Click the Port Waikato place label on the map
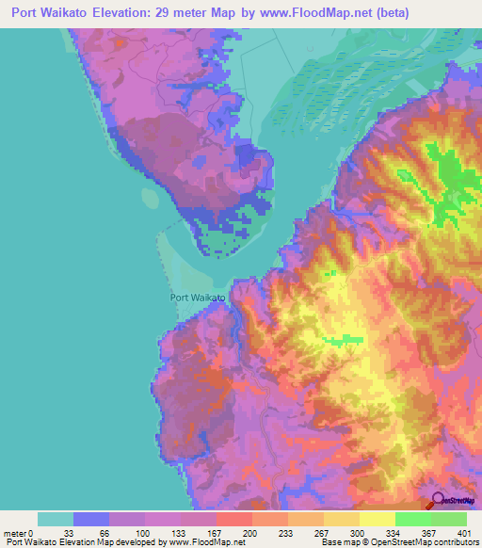[x=198, y=297]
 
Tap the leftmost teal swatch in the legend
[x=56, y=519]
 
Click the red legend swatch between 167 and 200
[x=233, y=519]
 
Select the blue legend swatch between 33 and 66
[x=91, y=519]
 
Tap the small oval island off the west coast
[x=151, y=199]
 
